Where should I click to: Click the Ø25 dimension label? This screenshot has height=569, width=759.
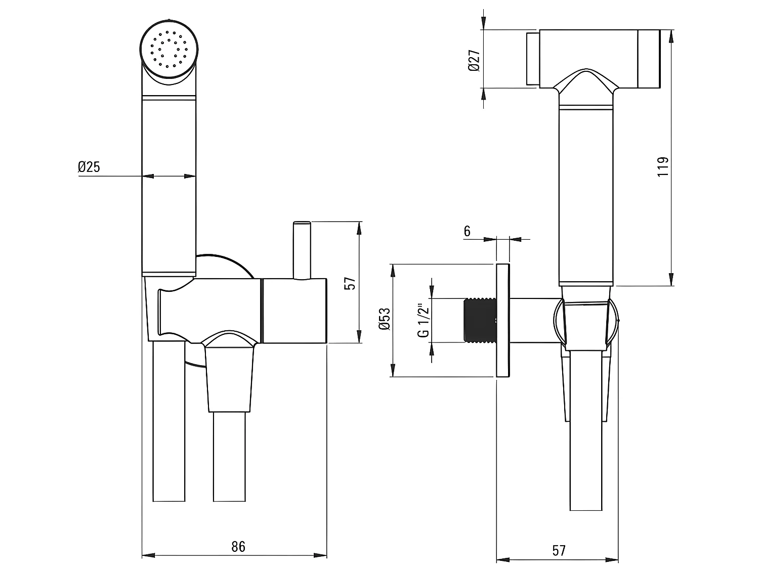(89, 167)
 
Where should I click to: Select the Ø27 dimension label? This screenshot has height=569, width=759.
(474, 60)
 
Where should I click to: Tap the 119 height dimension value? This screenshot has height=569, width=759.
(663, 166)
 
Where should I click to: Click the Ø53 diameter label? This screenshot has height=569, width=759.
(385, 319)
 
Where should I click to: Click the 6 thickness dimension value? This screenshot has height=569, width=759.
(467, 231)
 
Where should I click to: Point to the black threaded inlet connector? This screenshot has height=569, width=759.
(480, 320)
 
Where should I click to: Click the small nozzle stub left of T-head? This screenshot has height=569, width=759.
(532, 59)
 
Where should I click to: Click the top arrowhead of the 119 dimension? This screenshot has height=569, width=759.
(671, 35)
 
